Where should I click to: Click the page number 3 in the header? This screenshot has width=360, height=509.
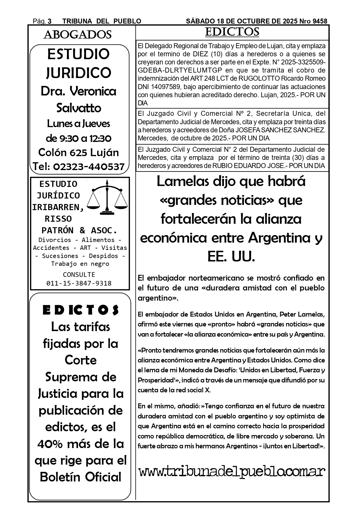point(50,21)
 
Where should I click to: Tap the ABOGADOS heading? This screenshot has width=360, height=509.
point(77,35)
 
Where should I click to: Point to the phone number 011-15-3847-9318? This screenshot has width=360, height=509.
point(79,283)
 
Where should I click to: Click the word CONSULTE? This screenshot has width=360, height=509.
point(79,275)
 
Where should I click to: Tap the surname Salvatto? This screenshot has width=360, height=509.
point(79,108)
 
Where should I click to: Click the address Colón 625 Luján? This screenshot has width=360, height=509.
point(79,152)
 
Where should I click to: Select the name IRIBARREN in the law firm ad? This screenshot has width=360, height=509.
point(58,207)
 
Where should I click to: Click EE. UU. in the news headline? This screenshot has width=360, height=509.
point(231,257)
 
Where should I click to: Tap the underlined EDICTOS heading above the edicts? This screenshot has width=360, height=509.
point(232,32)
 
